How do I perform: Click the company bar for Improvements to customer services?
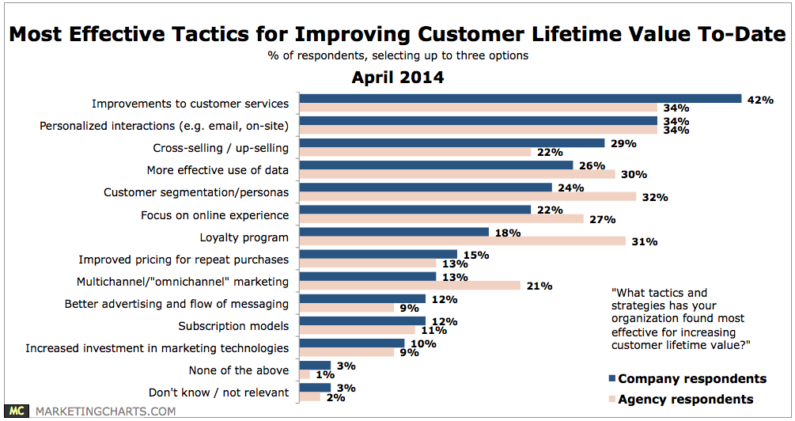coord(521,99)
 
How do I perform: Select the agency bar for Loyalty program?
coord(462,241)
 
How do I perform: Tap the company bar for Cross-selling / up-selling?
coord(452,143)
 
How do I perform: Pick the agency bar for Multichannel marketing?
coord(410,285)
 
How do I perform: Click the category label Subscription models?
coord(233,326)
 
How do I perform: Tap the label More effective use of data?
coord(218,170)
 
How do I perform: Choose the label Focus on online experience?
coord(214,214)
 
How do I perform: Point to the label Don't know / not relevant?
coord(218,393)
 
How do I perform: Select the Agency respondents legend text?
coord(685,399)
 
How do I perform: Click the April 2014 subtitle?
coord(397,78)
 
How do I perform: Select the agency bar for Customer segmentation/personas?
coord(468,196)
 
